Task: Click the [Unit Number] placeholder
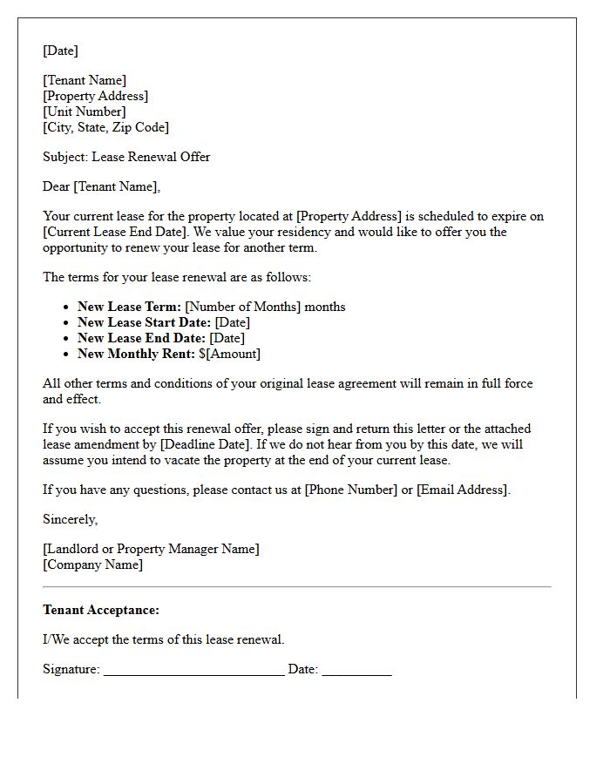[85, 112]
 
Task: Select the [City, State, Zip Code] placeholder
[105, 127]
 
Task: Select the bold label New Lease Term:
[129, 307]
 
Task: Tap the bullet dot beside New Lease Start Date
[66, 323]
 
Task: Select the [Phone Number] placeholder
[350, 490]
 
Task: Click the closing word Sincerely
[70, 519]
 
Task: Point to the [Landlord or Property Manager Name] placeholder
[151, 549]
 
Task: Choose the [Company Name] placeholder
[92, 564]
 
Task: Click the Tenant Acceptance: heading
[101, 610]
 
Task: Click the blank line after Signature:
[193, 671]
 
